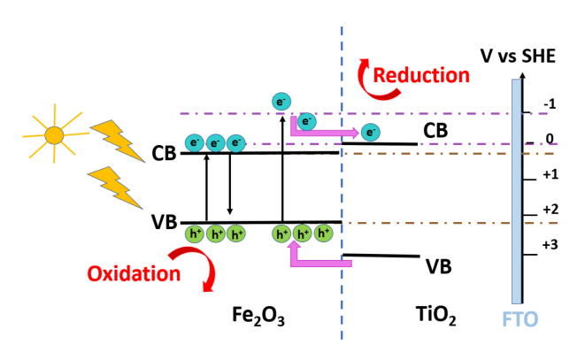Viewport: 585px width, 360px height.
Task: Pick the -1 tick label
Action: (548, 104)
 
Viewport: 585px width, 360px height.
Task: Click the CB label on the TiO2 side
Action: (435, 132)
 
